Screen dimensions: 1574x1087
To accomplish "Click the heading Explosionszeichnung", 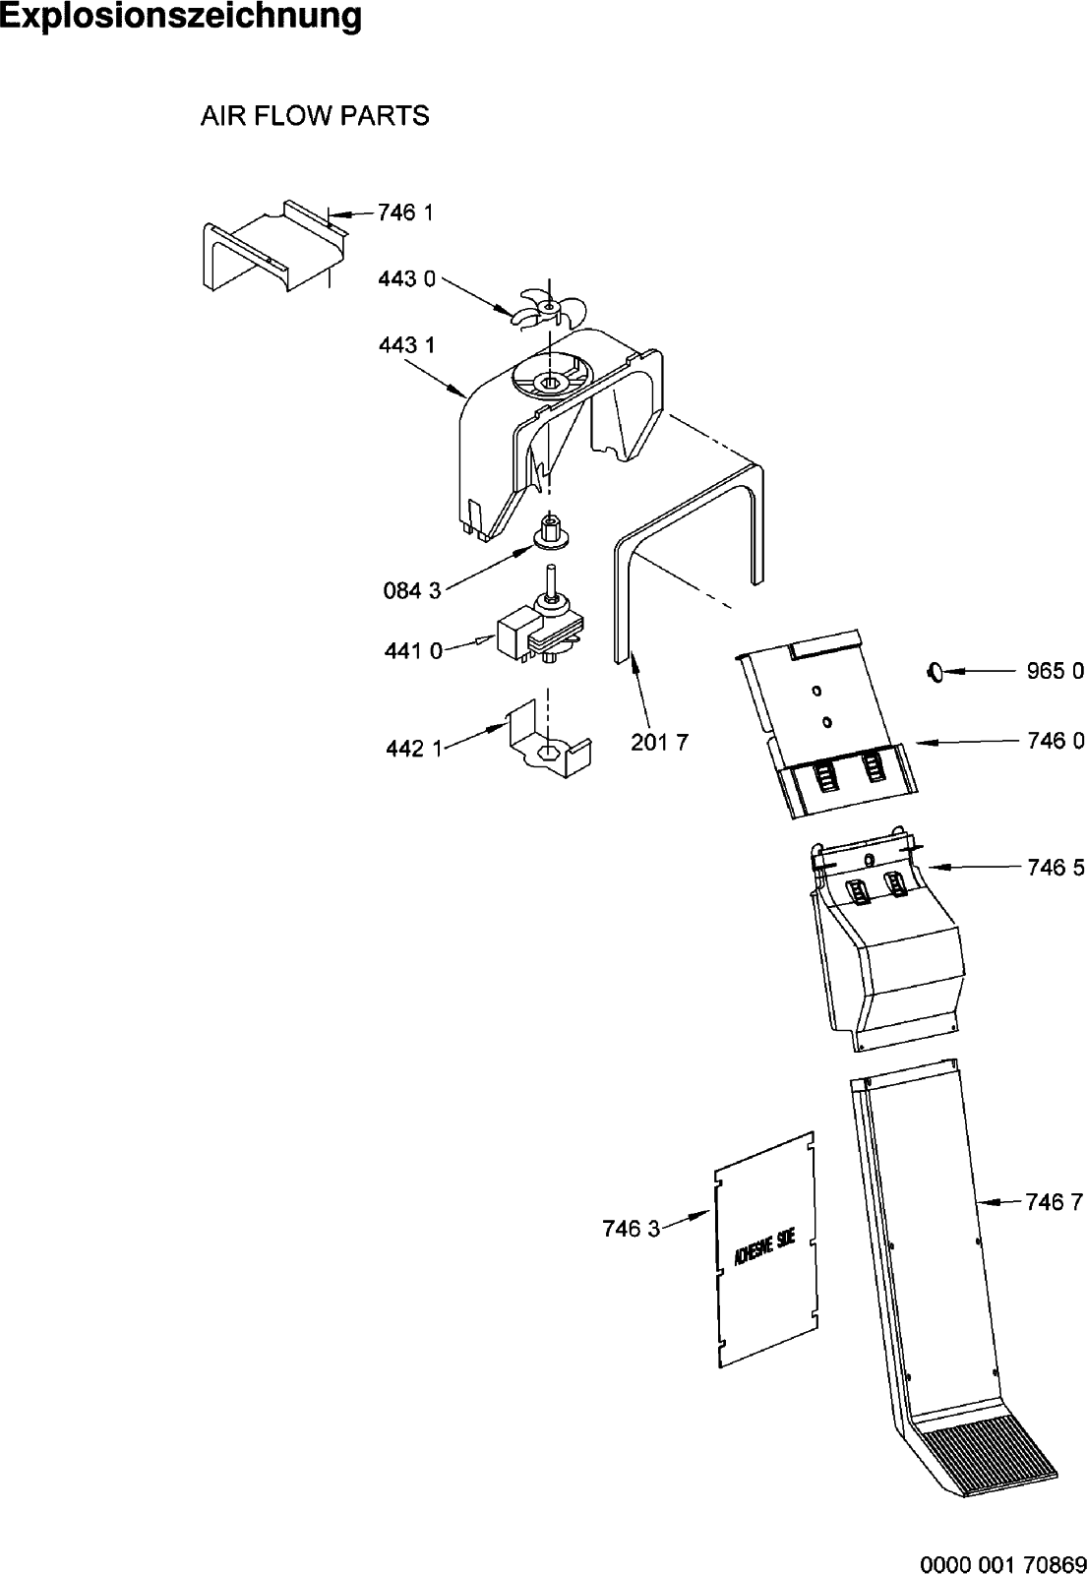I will click(x=181, y=17).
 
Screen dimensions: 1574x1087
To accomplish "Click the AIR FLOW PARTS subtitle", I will click(x=315, y=116).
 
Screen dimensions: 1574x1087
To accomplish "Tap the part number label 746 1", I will click(x=405, y=212).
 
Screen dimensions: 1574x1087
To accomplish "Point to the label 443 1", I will click(x=406, y=345).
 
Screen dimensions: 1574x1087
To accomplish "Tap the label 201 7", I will click(x=659, y=742).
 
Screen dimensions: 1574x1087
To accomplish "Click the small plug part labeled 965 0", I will click(x=934, y=672).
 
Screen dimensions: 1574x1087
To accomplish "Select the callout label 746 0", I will click(x=1055, y=742).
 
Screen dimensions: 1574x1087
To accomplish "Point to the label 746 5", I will click(x=1055, y=868).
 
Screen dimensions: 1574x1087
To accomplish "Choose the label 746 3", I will click(x=631, y=1228).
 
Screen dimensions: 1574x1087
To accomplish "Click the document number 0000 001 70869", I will click(x=1002, y=1562).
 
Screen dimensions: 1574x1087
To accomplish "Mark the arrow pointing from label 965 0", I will click(x=979, y=672).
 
